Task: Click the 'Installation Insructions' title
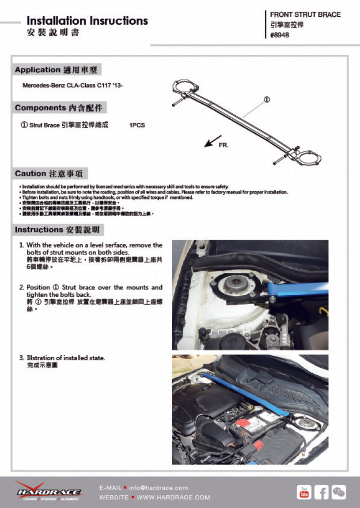tap(87, 21)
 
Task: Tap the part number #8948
tap(280, 35)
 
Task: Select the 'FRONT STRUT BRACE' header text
tap(305, 15)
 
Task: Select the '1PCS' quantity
tap(137, 125)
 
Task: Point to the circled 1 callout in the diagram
tap(267, 100)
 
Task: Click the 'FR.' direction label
tap(224, 145)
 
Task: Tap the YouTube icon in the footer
tap(304, 492)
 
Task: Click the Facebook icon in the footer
tap(321, 492)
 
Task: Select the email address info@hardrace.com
tap(158, 488)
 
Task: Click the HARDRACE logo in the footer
tap(49, 492)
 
